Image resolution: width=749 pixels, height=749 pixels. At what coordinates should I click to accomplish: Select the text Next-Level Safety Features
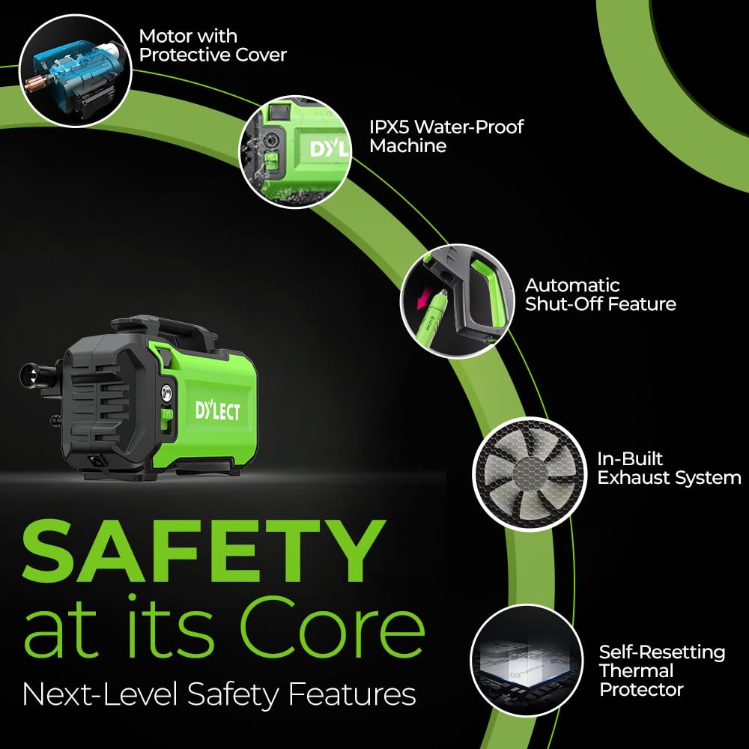coord(219,694)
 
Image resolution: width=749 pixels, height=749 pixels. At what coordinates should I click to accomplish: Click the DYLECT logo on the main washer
coord(217,410)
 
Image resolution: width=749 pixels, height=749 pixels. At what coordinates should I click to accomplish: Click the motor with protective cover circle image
coord(75,70)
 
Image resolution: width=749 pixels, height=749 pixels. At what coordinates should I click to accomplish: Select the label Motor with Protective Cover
coord(213,46)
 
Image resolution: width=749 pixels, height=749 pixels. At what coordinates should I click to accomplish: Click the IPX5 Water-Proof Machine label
coord(446,136)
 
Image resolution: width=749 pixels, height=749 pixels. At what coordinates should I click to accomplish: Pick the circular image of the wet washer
coord(296,152)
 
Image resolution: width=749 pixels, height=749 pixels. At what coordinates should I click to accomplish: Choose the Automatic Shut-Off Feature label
coord(601,294)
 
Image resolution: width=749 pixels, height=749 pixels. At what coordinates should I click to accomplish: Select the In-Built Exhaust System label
coord(669,468)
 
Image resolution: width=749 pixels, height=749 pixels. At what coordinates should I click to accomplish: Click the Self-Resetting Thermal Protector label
coord(662,670)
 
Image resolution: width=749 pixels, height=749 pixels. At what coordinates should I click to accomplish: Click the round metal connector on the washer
coord(167,393)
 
